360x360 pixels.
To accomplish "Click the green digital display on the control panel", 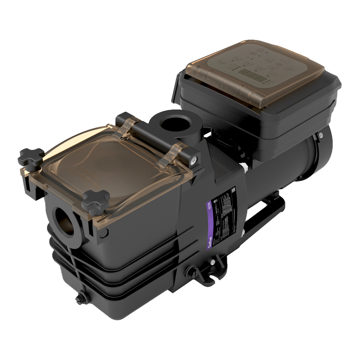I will point(252,78).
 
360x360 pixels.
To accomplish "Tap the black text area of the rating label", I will point(224,213).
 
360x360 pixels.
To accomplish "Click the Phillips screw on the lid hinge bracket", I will point(193,159).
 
